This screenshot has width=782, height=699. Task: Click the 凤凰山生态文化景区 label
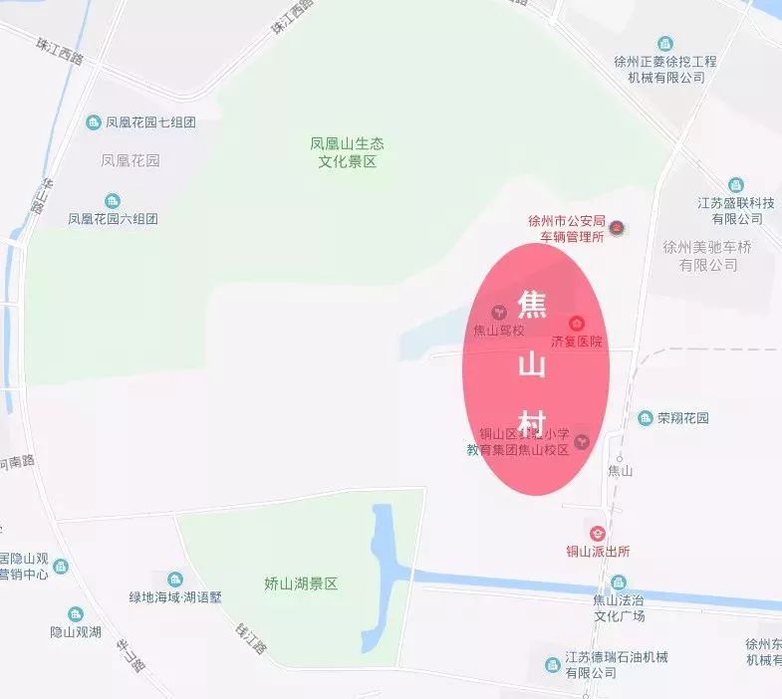click(x=347, y=152)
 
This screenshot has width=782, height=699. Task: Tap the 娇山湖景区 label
click(x=301, y=583)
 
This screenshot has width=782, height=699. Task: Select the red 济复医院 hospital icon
click(x=577, y=324)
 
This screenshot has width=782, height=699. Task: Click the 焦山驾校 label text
click(x=498, y=331)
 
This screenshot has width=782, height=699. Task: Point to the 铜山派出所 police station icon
click(x=598, y=534)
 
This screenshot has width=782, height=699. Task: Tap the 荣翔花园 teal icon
click(x=644, y=418)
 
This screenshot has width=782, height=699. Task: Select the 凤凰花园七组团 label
click(x=149, y=122)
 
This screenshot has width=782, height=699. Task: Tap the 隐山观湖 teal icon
click(x=76, y=614)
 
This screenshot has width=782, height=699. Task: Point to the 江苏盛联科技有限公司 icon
click(x=735, y=185)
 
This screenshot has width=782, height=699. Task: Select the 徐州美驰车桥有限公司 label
click(x=708, y=256)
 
